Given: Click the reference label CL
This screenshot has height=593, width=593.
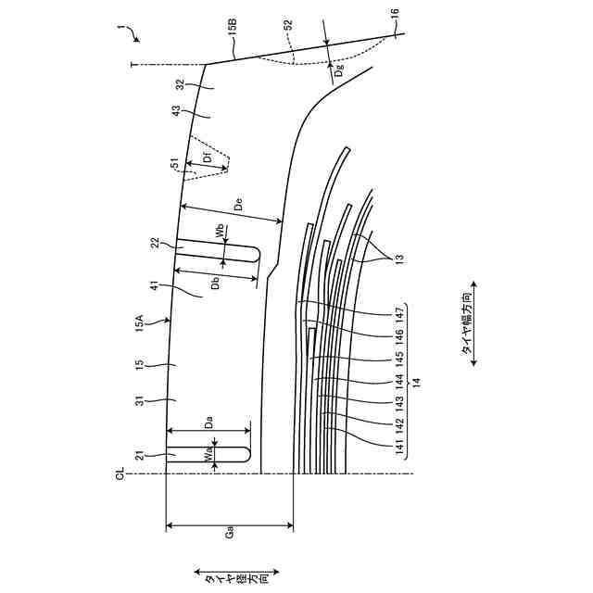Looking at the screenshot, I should click(x=120, y=474).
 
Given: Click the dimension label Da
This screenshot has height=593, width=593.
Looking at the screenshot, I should click(x=209, y=423).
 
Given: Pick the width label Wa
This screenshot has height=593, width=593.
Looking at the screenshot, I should click(x=211, y=456).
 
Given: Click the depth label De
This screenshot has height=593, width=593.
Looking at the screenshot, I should click(x=237, y=206).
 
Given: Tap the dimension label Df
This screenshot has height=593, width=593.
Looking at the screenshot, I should click(x=208, y=158).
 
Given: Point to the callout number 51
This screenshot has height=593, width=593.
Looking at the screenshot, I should click(x=175, y=164).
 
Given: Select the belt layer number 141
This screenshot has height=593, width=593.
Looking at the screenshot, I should click(x=401, y=448).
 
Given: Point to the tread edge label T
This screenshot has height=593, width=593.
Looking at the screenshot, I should click(x=132, y=64).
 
